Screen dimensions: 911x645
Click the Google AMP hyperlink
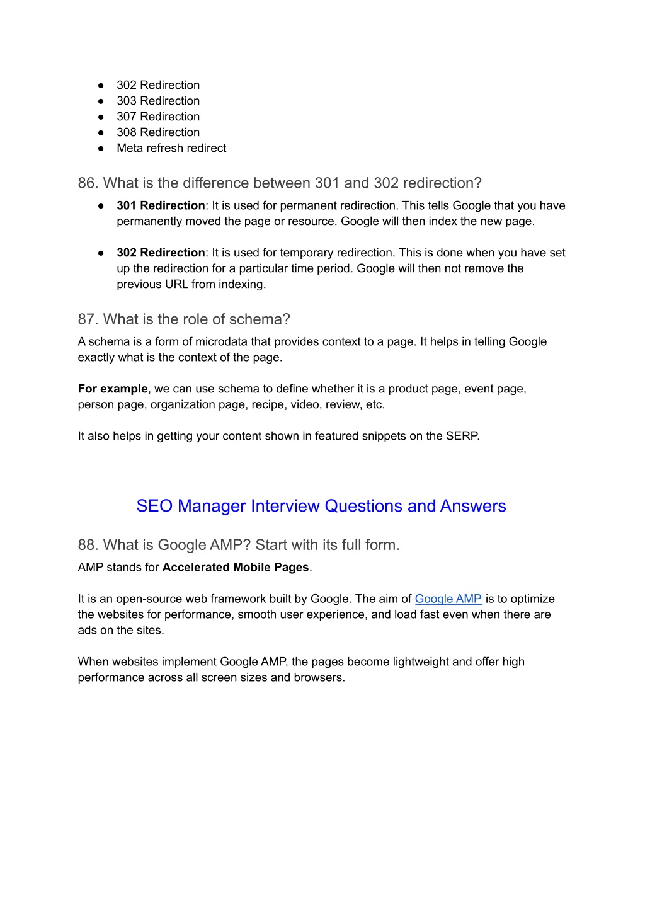pyautogui.click(x=448, y=599)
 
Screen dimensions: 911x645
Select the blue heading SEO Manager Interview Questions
pyautogui.click(x=321, y=506)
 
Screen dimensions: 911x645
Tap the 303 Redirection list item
pyautogui.click(x=158, y=101)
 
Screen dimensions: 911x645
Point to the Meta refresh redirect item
pyautogui.click(x=171, y=148)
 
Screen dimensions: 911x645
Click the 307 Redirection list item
pyautogui.click(x=158, y=117)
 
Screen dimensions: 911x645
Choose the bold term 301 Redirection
pyautogui.click(x=161, y=205)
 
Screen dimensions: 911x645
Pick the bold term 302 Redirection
pyautogui.click(x=161, y=253)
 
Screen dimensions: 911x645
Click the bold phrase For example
pyautogui.click(x=112, y=389)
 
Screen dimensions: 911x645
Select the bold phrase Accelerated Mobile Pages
pyautogui.click(x=236, y=567)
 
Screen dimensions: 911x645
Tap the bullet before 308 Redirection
pyautogui.click(x=101, y=132)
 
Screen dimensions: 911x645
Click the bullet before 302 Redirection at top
pyautogui.click(x=101, y=85)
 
